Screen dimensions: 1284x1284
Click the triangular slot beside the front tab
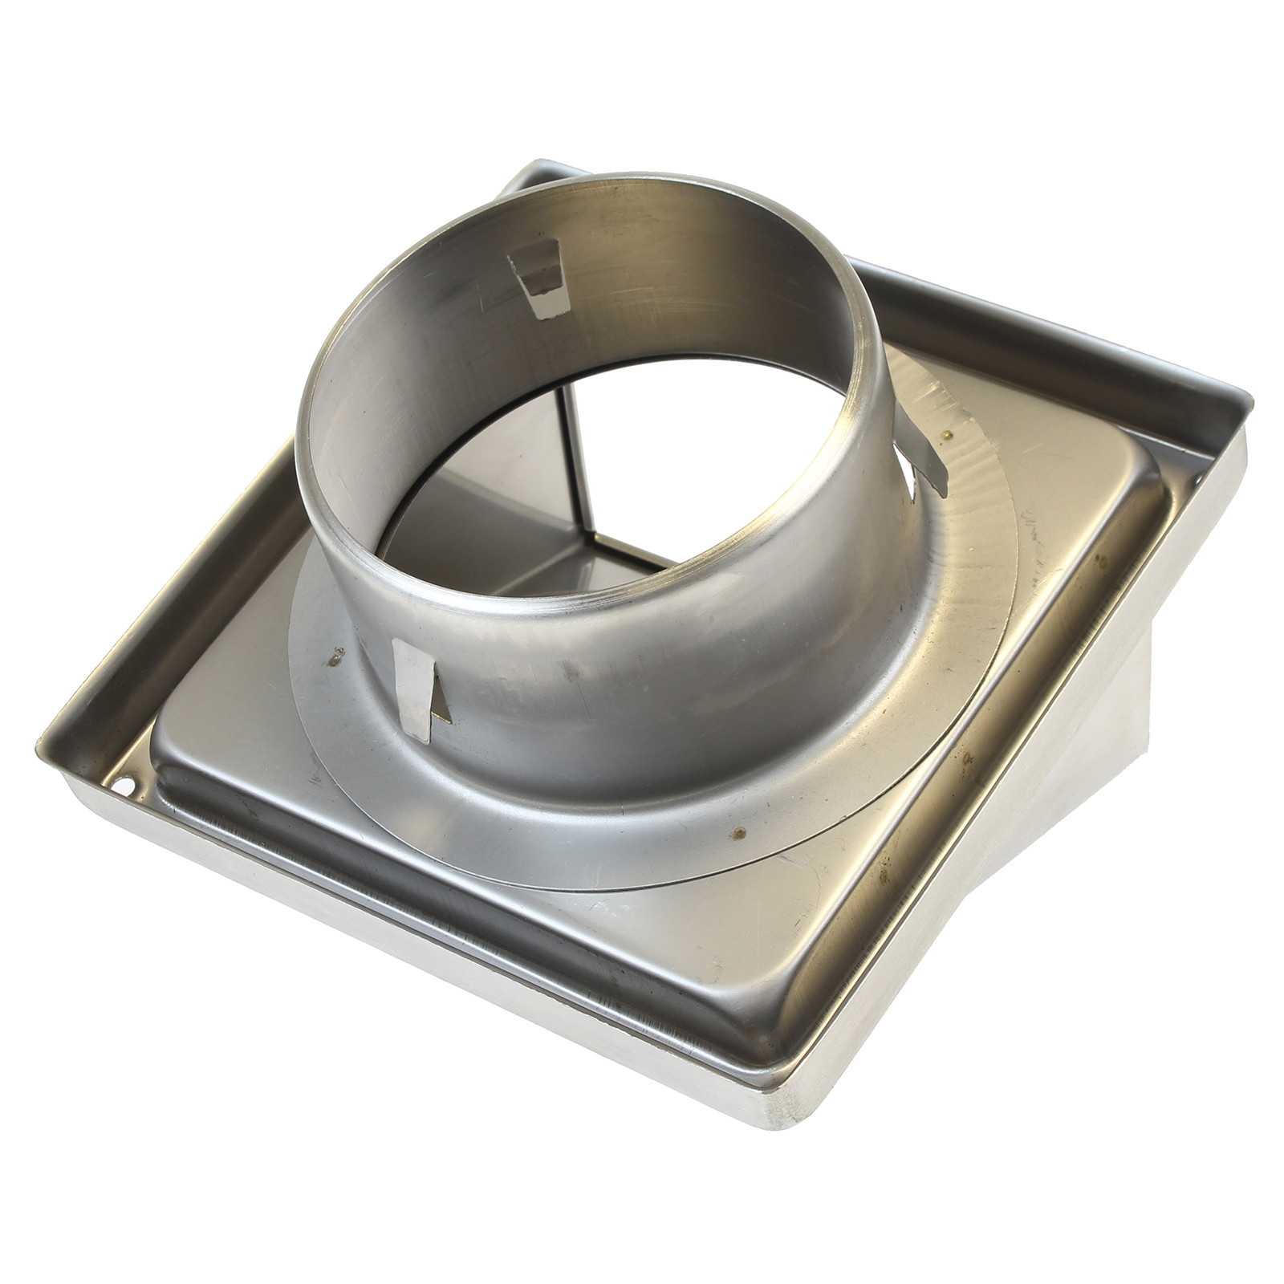441,706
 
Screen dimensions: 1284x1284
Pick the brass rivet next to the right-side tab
949,435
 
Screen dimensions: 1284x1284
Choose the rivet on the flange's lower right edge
739,831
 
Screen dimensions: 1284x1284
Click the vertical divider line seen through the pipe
579,465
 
